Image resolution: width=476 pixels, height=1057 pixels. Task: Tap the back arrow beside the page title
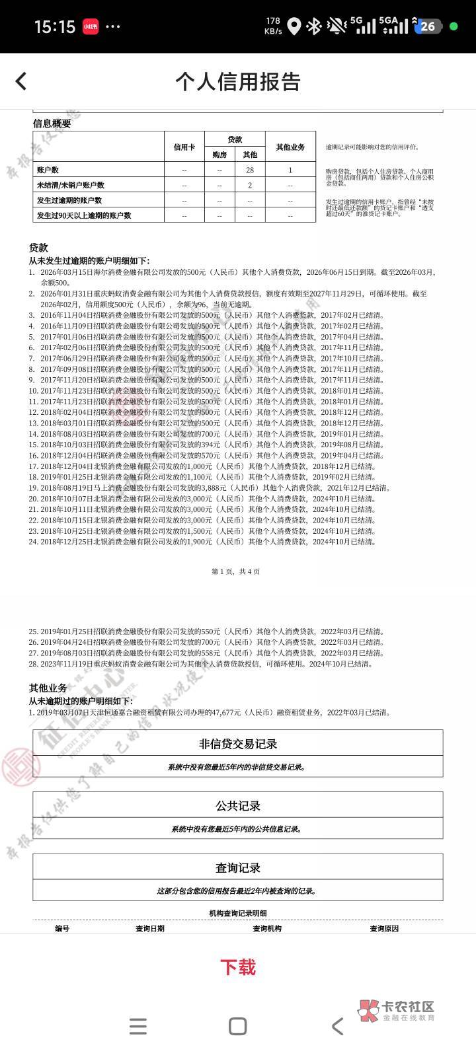pos(21,81)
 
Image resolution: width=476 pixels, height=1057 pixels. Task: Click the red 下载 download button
pos(238,967)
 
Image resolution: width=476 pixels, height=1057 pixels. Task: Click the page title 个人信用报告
pos(238,81)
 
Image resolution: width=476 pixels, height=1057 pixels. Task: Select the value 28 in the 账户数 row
pos(250,170)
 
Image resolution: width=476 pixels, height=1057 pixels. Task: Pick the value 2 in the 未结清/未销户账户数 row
pos(250,185)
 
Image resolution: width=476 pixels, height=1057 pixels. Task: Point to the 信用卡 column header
pos(184,147)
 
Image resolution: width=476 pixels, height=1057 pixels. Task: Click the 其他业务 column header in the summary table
pos(290,147)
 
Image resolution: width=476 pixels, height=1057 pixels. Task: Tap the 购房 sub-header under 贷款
pos(219,155)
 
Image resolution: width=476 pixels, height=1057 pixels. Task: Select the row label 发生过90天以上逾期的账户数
pos(84,215)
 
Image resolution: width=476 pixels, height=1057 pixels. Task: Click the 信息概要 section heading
pos(52,124)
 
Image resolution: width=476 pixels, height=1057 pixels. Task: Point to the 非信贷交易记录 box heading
pos(238,743)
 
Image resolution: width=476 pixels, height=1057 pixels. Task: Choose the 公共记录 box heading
pos(238,805)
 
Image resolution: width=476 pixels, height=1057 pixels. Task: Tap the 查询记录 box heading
pos(238,867)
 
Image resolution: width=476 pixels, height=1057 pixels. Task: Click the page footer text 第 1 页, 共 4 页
pos(235,571)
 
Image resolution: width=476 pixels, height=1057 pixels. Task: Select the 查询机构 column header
pos(267,928)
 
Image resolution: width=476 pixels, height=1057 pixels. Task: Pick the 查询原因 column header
pos(384,928)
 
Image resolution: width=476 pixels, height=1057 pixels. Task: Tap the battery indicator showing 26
pos(428,26)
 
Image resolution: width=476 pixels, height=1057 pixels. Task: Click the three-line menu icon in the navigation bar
pos(138,1026)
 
